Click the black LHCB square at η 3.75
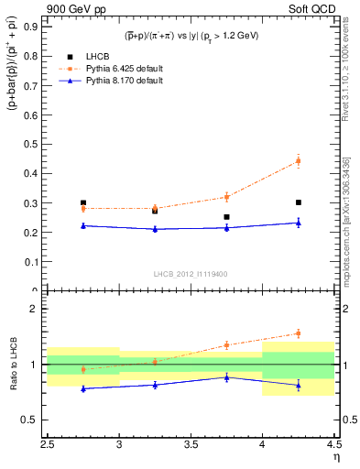point(226,217)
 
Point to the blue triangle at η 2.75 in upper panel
point(83,225)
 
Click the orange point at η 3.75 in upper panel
point(226,197)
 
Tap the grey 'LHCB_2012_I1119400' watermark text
point(191,274)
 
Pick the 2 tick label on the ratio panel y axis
point(35,309)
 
